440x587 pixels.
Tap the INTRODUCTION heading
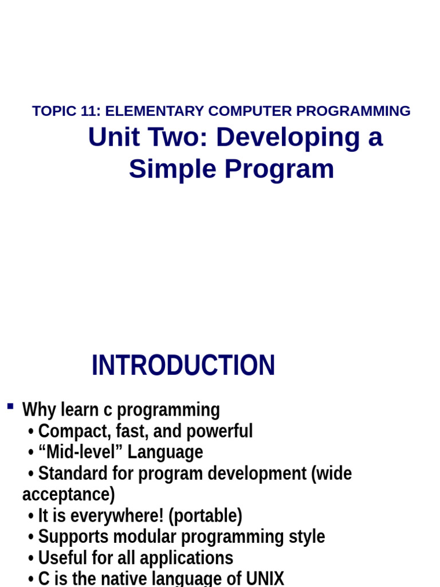click(x=183, y=366)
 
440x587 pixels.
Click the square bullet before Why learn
click(x=10, y=406)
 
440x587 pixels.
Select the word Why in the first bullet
click(x=39, y=410)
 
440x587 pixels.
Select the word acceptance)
click(x=68, y=494)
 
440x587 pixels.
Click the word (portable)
click(x=205, y=515)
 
